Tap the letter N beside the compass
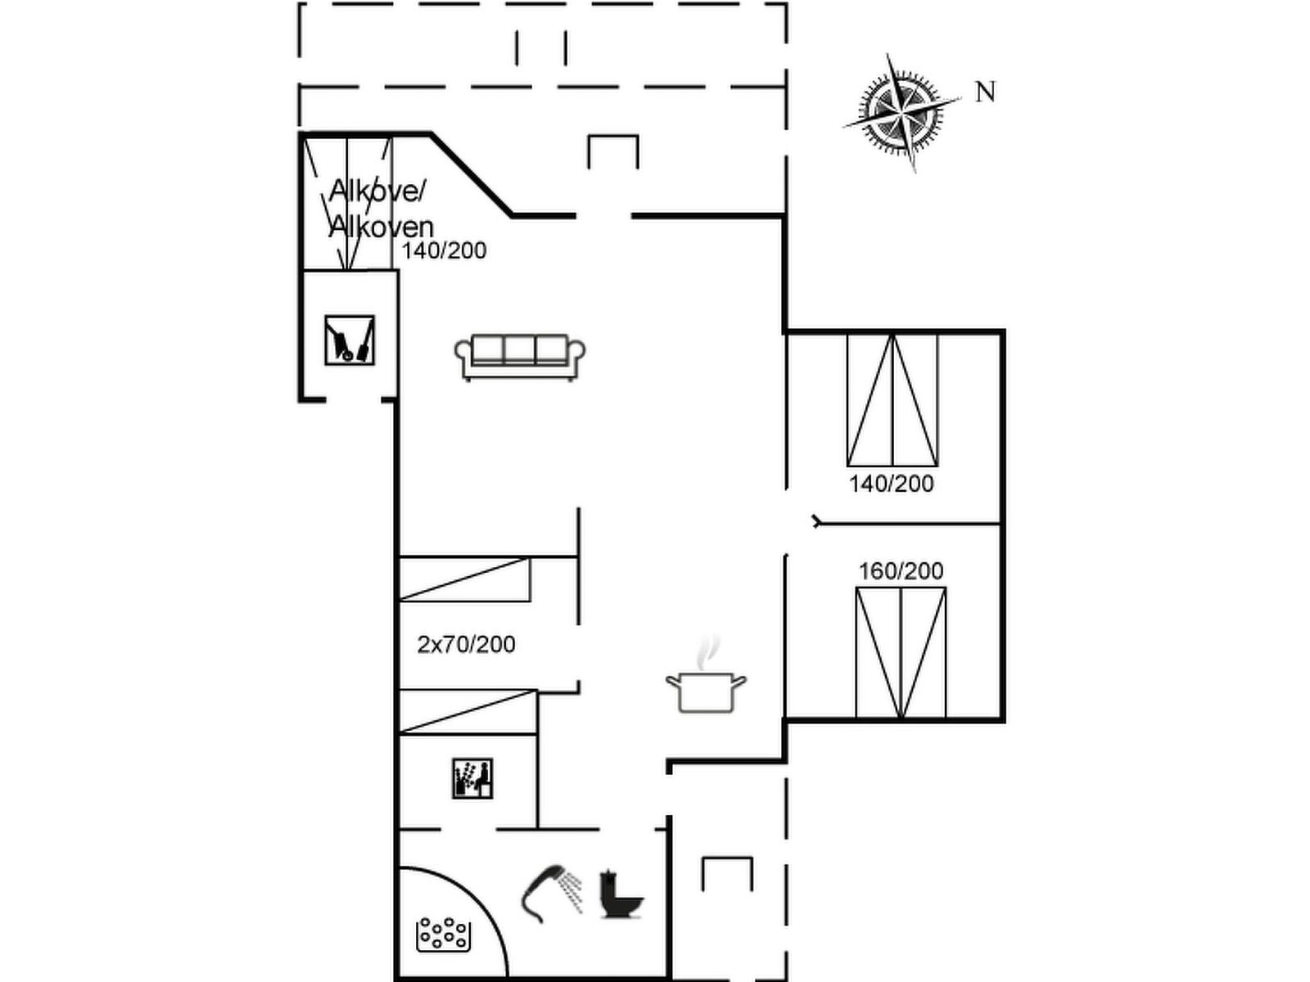point(985,92)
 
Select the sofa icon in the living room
point(520,357)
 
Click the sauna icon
point(472,778)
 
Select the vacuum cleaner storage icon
point(350,340)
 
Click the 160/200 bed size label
point(901,571)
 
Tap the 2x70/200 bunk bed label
point(466,645)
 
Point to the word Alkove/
point(377,190)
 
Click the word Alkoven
point(382,227)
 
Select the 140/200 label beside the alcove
point(444,251)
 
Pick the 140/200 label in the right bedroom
point(891,484)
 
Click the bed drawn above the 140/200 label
point(892,400)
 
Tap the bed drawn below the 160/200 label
point(901,653)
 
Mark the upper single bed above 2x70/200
point(464,579)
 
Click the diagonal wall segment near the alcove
point(471,173)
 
